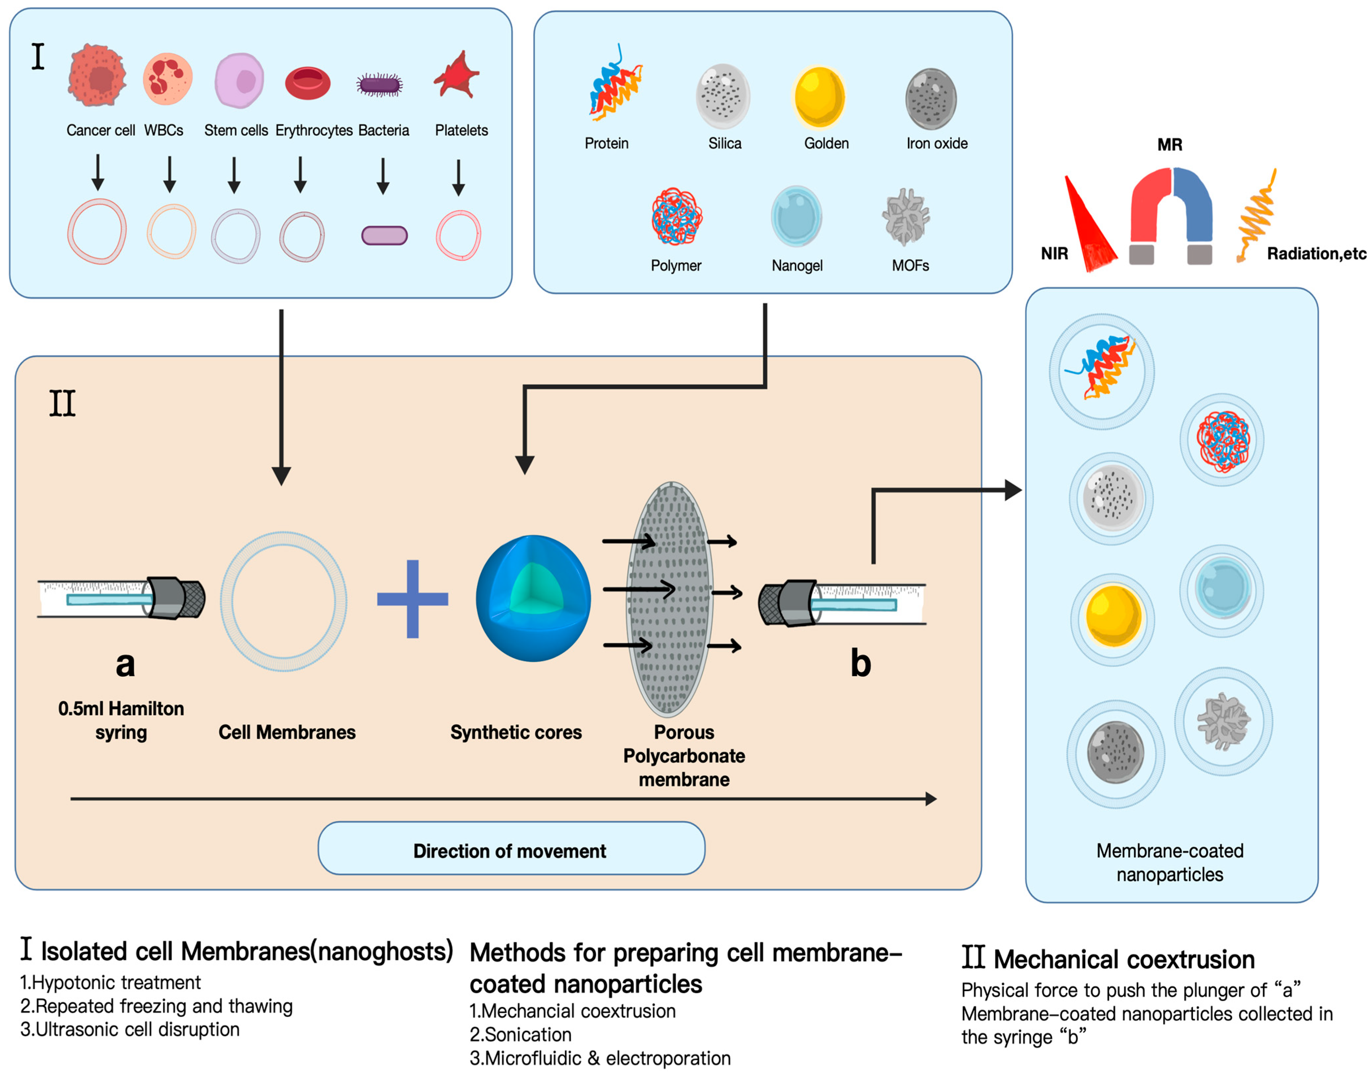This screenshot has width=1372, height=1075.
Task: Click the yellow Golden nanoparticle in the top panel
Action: tap(819, 97)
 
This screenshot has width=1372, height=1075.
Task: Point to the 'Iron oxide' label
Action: tap(937, 144)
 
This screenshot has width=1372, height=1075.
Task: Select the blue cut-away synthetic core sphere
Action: tap(533, 598)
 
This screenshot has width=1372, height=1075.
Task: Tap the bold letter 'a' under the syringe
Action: tap(125, 664)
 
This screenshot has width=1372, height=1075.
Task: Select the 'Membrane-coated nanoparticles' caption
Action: tap(1170, 862)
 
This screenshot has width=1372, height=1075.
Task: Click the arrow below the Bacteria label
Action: tap(383, 176)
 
